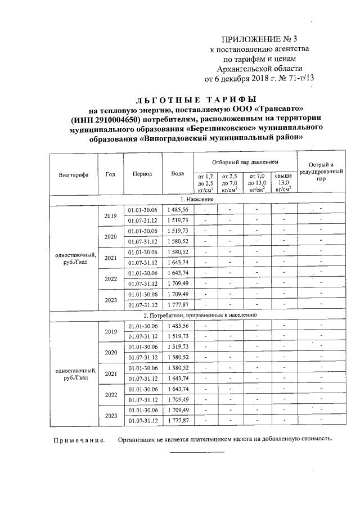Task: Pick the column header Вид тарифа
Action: coord(73,175)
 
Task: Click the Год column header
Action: coord(110,174)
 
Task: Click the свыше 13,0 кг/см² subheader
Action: coord(283,183)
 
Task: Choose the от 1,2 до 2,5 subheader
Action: coord(206,183)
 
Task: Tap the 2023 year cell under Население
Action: coord(110,300)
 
